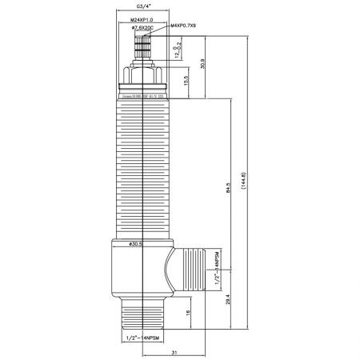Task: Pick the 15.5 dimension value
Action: tap(186, 82)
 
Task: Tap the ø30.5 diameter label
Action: tap(135, 245)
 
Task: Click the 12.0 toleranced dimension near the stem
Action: tap(175, 50)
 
